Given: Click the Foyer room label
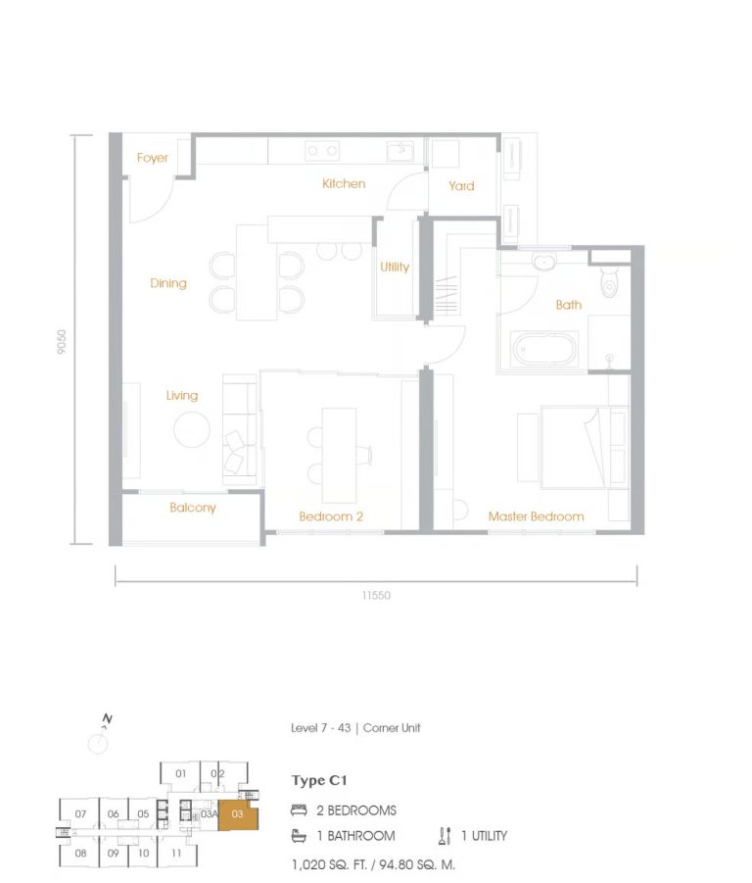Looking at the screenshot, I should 152,158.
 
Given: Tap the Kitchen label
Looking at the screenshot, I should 344,183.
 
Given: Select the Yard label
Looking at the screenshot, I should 461,185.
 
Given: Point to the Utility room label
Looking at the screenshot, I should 395,267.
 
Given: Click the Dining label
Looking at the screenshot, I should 168,283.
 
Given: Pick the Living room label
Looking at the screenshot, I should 181,395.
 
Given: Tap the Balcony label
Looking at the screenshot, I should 192,508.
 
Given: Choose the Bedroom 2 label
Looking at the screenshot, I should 331,516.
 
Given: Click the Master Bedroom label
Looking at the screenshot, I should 536,516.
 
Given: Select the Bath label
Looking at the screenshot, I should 568,305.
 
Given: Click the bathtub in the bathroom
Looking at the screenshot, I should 544,347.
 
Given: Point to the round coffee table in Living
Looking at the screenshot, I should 191,428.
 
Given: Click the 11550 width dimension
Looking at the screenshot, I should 375,595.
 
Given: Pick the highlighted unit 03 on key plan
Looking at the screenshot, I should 237,814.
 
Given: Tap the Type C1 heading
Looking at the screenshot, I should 319,781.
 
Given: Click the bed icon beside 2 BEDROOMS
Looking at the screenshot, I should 299,811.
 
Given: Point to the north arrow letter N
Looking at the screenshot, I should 108,719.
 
